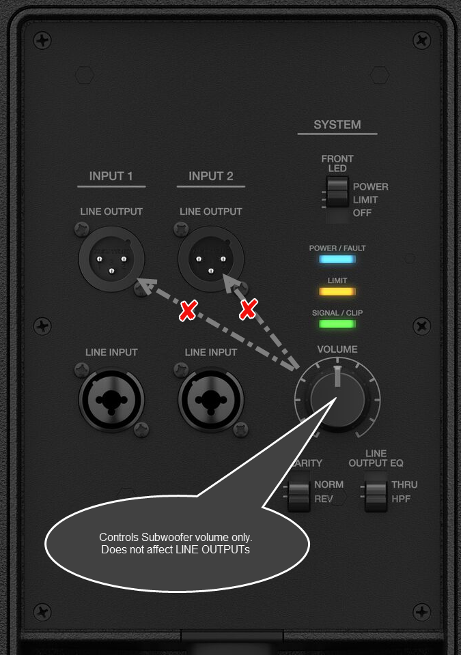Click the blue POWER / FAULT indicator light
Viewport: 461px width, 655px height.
coord(337,259)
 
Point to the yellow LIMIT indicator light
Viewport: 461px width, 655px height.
coord(337,291)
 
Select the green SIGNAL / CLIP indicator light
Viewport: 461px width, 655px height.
coord(337,323)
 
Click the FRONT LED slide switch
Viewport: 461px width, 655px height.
coord(336,192)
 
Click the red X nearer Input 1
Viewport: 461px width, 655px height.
coord(187,312)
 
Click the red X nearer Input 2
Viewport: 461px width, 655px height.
coord(248,310)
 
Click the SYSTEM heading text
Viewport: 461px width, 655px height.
coord(337,125)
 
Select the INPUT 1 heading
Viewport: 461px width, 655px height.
coord(111,176)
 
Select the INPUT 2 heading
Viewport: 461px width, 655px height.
coord(211,176)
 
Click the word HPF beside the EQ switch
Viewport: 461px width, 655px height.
coord(401,499)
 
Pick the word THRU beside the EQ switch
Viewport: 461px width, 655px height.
coord(404,484)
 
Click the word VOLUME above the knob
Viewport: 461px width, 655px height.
coord(337,349)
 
